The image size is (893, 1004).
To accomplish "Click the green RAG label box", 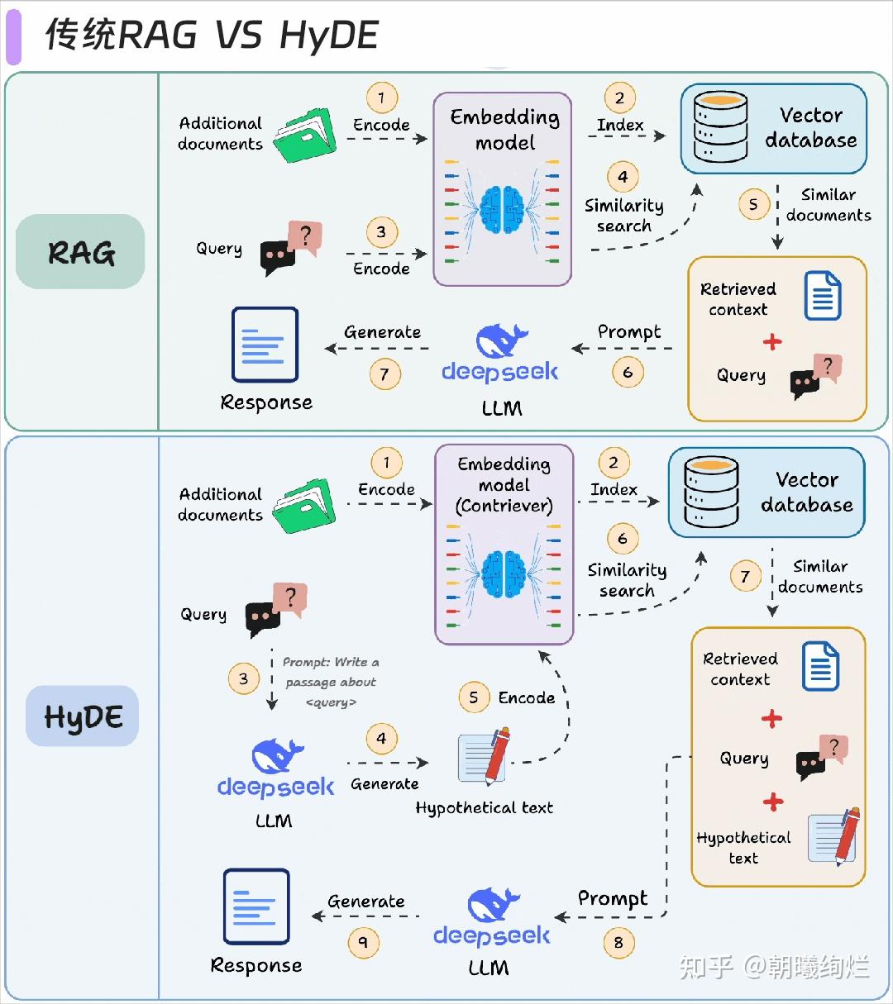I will pos(80,252).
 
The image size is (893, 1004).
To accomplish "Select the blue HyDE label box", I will pos(82,716).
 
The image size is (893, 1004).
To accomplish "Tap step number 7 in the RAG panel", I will pos(384,374).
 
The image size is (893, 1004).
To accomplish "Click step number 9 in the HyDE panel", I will pos(363,942).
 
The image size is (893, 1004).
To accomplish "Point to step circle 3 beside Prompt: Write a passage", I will pos(243,679).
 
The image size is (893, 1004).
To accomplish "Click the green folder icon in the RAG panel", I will pos(305,135).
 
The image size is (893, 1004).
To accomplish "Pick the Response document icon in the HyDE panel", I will pos(256,906).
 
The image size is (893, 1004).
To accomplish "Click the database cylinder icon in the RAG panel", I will pos(720,127).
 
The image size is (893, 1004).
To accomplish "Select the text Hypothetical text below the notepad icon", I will pos(484,808).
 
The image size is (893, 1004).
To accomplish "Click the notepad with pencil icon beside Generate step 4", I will pos(485,755).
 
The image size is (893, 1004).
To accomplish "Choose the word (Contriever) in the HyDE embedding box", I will pos(504,506).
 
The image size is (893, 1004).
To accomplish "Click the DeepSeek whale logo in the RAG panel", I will pos(501,340).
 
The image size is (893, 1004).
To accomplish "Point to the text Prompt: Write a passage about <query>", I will pos(331,682).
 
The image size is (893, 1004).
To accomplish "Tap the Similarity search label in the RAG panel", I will pos(624,216).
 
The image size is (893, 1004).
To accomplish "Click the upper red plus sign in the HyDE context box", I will pos(771,718).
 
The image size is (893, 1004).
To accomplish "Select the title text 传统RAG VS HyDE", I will pos(212,36).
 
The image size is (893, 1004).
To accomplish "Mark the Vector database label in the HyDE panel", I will pos(807,492).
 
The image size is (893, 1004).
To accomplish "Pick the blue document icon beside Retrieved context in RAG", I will pos(823,296).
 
